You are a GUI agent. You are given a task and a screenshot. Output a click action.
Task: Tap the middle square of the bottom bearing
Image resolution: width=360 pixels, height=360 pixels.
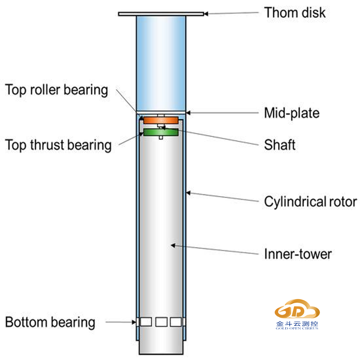[161, 322]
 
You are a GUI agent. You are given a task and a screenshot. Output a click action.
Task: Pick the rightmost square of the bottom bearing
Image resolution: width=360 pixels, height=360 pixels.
[175, 322]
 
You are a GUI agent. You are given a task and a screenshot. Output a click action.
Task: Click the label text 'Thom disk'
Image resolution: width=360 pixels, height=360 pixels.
[294, 12]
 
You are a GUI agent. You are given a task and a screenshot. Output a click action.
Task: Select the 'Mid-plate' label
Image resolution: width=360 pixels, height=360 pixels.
[292, 112]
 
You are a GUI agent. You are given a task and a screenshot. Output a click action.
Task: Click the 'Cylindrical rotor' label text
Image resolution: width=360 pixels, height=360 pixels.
[310, 201]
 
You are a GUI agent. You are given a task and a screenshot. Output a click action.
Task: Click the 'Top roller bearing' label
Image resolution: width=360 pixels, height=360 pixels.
[57, 90]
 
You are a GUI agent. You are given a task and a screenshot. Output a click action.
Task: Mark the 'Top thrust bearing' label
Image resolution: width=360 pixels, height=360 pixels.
[58, 145]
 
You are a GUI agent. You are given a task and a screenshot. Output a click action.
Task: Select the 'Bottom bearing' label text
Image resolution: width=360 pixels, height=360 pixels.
[50, 322]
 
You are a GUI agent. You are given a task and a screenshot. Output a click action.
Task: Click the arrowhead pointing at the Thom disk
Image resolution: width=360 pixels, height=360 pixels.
[205, 14]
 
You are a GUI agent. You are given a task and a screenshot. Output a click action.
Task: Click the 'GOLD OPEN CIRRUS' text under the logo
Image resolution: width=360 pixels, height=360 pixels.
[297, 328]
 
